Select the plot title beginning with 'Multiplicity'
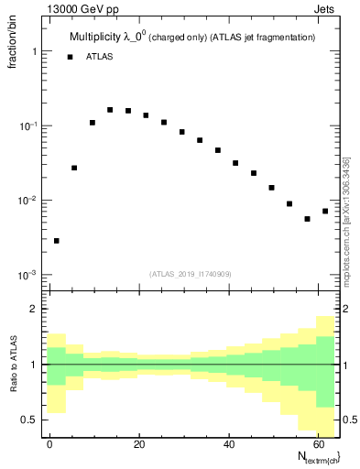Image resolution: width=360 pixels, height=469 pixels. click(x=192, y=37)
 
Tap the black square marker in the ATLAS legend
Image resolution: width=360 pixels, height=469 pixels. click(x=70, y=57)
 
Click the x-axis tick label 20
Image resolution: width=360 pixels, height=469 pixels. click(x=138, y=444)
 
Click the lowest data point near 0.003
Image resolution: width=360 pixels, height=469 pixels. click(x=57, y=241)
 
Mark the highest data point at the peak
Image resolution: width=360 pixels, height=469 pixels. click(x=110, y=110)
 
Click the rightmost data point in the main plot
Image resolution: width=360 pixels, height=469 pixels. click(x=325, y=211)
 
